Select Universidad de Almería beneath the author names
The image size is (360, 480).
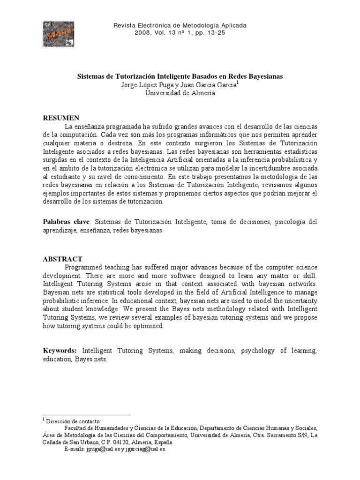tap(180, 93)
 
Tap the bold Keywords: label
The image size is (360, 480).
tap(60, 350)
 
